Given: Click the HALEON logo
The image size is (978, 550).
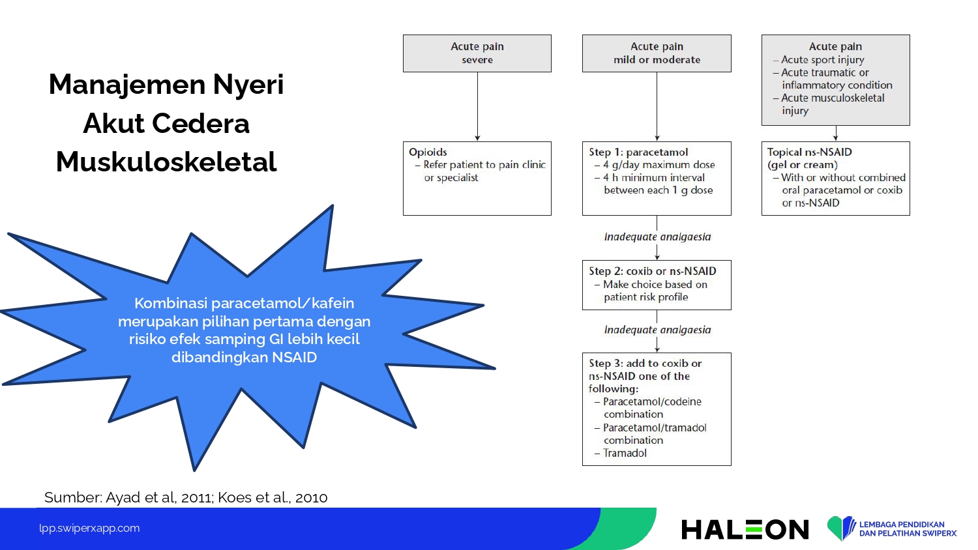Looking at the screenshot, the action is [745, 529].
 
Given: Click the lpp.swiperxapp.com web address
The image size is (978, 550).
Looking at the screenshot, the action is [89, 528].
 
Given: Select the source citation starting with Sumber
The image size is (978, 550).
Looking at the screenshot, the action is [186, 497].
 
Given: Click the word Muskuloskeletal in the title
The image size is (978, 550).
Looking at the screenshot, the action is [166, 162].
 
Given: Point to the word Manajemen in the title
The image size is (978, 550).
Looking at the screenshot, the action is [127, 85].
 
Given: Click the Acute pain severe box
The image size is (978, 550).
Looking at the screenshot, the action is [477, 53].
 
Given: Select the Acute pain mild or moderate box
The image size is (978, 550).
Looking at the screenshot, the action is [657, 53].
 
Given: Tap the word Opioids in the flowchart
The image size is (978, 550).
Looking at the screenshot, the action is [428, 152].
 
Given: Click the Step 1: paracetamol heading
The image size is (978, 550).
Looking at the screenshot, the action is [638, 152].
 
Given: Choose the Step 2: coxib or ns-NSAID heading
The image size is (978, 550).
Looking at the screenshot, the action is [652, 271].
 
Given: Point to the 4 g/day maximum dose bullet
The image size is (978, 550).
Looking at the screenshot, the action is [655, 165].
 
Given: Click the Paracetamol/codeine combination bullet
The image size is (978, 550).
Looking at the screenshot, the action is [648, 408].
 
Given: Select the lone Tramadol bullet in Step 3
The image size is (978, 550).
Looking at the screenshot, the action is [621, 453].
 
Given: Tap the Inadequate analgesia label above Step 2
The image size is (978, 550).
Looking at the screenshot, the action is [657, 237].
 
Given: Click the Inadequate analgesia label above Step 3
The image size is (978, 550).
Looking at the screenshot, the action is [657, 330].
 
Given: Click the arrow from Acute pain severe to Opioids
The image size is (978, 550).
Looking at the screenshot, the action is [477, 106].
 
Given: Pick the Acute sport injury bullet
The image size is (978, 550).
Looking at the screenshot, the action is [818, 60].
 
